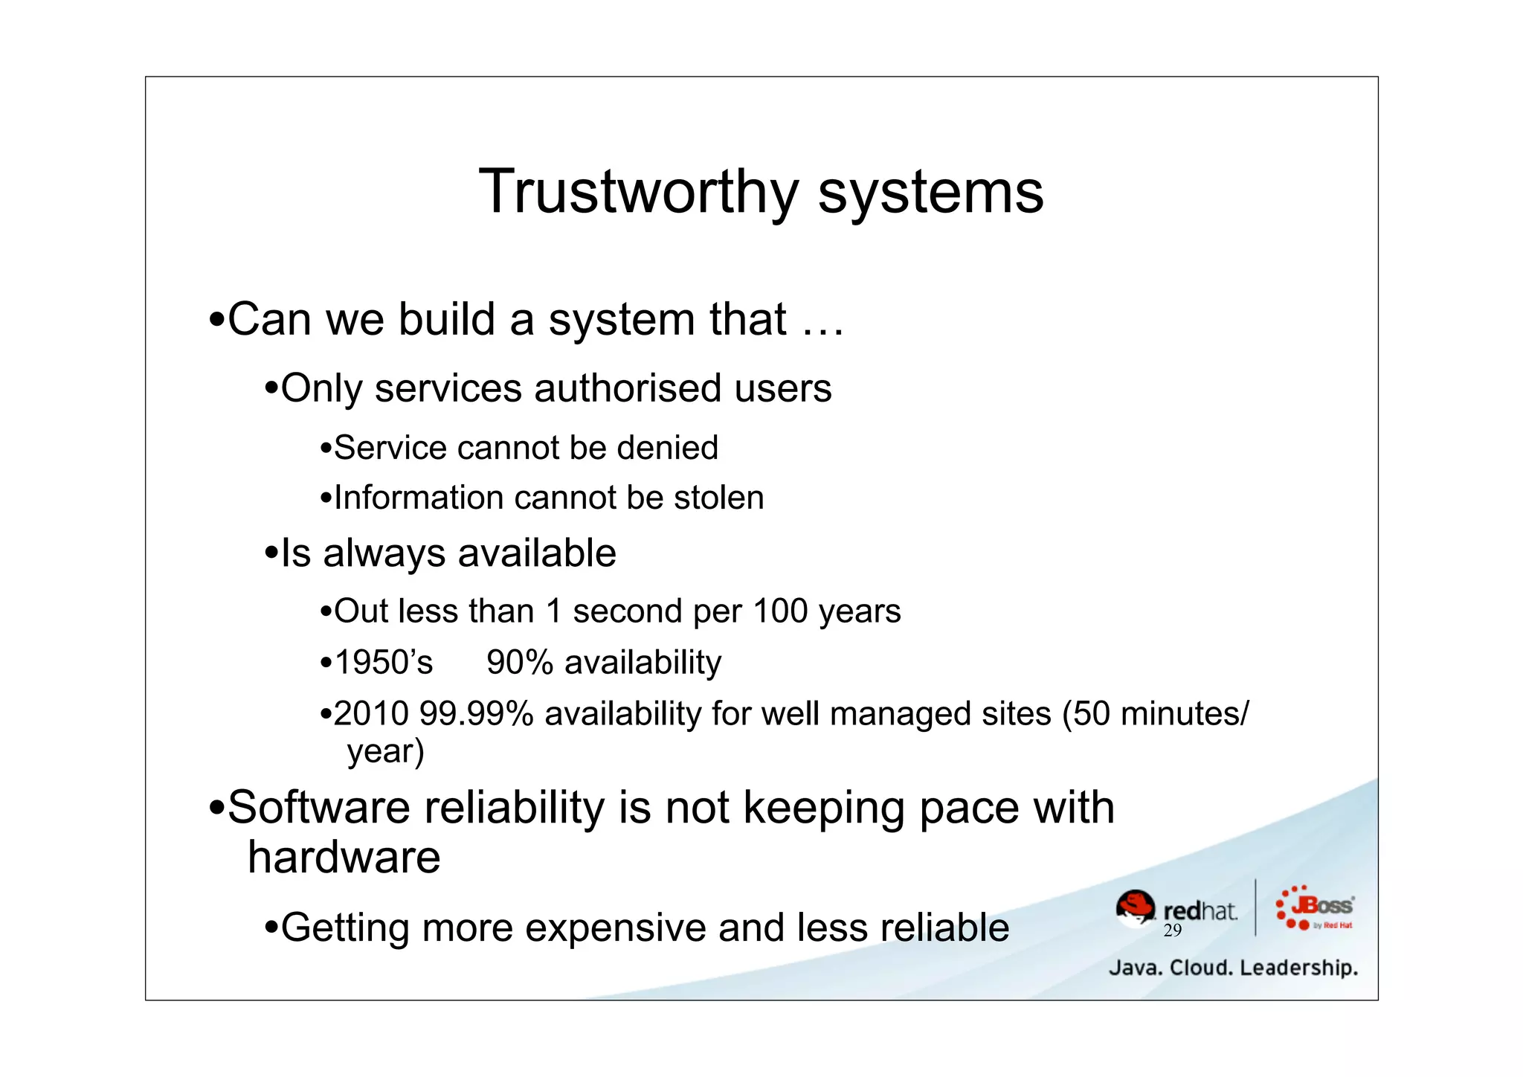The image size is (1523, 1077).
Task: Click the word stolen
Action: click(718, 498)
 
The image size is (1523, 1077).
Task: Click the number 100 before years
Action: click(780, 611)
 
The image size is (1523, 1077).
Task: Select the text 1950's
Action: click(383, 662)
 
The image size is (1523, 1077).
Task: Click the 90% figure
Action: click(519, 662)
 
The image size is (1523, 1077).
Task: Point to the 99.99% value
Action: click(476, 714)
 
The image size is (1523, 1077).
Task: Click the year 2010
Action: click(371, 714)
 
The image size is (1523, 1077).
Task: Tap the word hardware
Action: click(344, 858)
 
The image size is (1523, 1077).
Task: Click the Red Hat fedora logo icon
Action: click(1136, 908)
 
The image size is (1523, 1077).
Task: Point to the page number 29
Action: click(1173, 930)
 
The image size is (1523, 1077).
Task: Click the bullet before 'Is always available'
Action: click(271, 554)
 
